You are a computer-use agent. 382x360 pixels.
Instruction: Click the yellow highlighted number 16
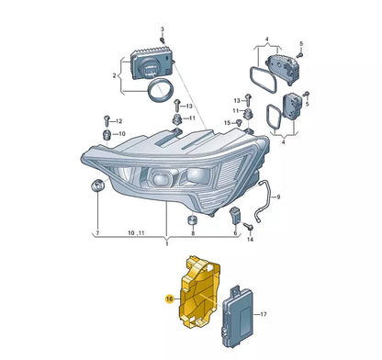click(x=169, y=299)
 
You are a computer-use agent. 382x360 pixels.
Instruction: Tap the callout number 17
click(x=264, y=314)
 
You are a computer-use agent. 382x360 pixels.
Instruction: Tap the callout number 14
click(x=250, y=239)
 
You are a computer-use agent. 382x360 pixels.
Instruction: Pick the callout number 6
click(x=236, y=234)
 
